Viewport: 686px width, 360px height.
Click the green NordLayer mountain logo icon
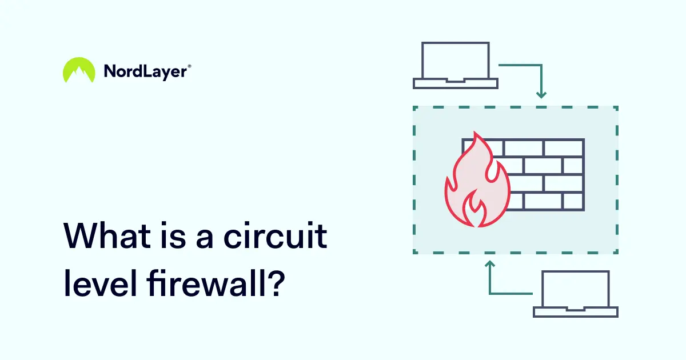click(79, 70)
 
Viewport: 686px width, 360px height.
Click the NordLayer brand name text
click(145, 71)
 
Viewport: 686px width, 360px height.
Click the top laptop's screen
click(455, 61)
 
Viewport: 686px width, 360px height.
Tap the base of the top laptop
click(455, 84)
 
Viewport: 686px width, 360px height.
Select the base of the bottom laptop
click(576, 312)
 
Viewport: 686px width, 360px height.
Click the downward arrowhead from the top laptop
click(541, 94)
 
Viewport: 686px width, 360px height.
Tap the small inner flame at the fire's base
click(475, 209)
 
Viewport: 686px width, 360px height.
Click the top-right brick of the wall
click(563, 147)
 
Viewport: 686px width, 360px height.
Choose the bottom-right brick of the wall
click(573, 201)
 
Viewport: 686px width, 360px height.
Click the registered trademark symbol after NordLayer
click(189, 66)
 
